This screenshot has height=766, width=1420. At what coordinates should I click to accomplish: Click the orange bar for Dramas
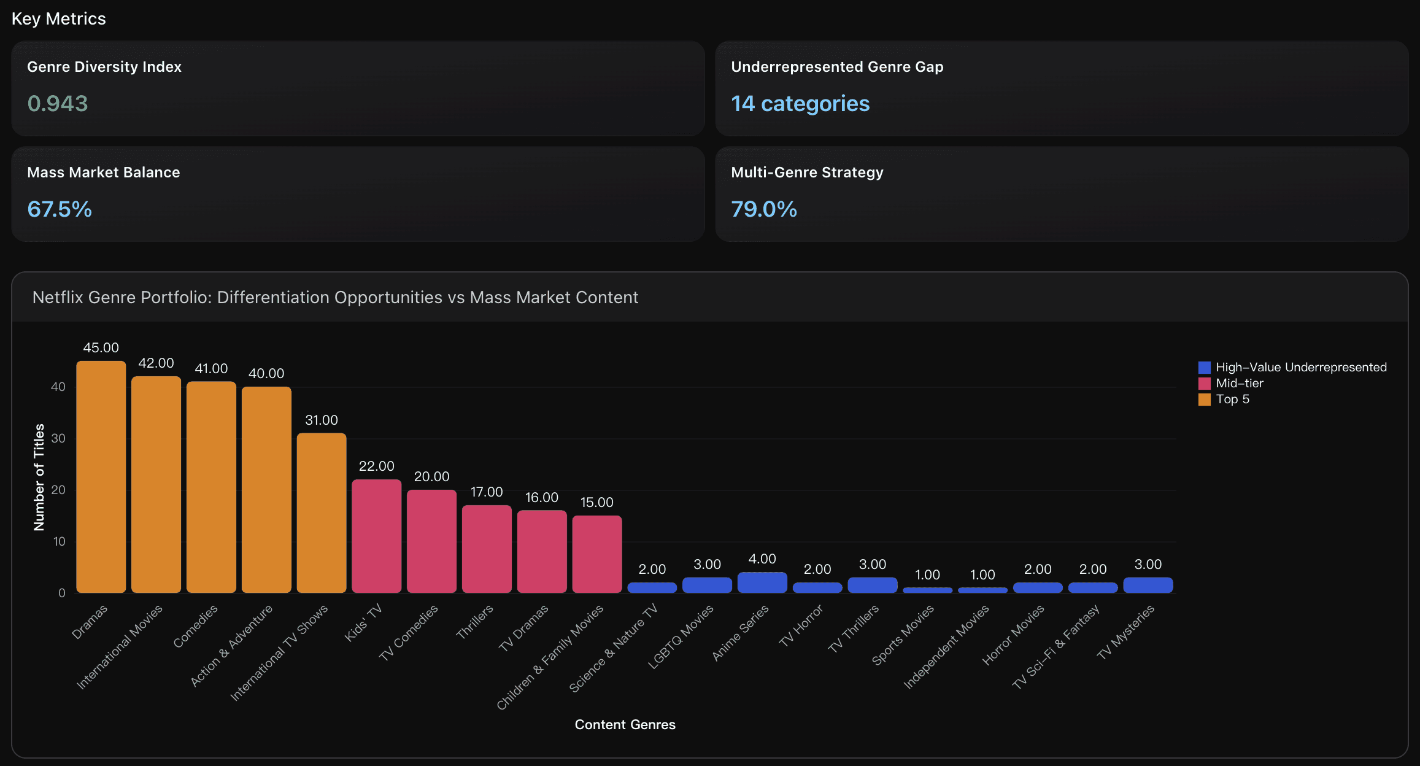click(101, 477)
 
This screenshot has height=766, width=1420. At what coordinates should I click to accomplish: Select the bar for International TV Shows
click(322, 513)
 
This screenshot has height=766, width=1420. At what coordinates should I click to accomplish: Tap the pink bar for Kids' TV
click(376, 536)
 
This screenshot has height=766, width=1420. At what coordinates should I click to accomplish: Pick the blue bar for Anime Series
click(762, 582)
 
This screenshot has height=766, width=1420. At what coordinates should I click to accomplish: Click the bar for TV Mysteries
click(1148, 585)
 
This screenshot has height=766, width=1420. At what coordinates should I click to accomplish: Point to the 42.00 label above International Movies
click(156, 363)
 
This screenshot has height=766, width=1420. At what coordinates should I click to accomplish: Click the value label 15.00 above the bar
click(596, 502)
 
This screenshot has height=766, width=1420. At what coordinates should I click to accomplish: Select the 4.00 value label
click(762, 559)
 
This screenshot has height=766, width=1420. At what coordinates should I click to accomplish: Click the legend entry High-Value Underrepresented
click(1300, 367)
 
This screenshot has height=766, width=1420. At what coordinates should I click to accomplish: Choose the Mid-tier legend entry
click(1239, 383)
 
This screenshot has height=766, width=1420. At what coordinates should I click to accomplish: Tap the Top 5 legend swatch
click(1205, 400)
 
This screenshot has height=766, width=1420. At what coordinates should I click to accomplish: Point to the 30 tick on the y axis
click(58, 438)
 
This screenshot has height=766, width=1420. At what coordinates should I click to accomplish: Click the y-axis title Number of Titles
click(39, 477)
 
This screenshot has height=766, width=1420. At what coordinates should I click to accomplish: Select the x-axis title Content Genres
click(625, 724)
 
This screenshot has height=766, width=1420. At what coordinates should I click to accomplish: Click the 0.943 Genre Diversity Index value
click(58, 104)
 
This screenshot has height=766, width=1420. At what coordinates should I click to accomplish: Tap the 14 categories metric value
click(800, 104)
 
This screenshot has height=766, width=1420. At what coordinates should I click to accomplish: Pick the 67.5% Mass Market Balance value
click(60, 209)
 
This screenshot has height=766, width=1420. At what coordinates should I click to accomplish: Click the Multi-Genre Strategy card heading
click(807, 172)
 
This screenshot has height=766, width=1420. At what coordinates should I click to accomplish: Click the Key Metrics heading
click(59, 19)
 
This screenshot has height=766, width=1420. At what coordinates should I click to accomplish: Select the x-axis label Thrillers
click(475, 621)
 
